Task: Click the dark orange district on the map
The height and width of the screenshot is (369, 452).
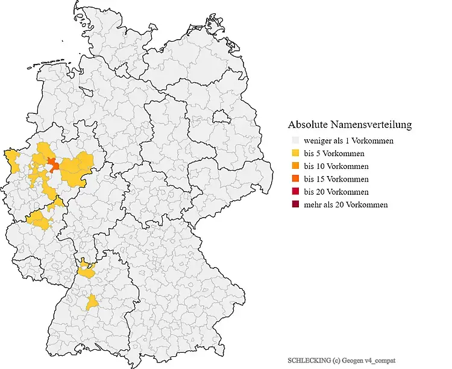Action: (x=52, y=164)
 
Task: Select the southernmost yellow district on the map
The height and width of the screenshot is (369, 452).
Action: (x=93, y=302)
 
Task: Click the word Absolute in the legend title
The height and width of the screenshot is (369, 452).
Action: (x=308, y=125)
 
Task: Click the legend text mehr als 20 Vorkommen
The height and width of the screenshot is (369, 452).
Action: (x=346, y=204)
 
